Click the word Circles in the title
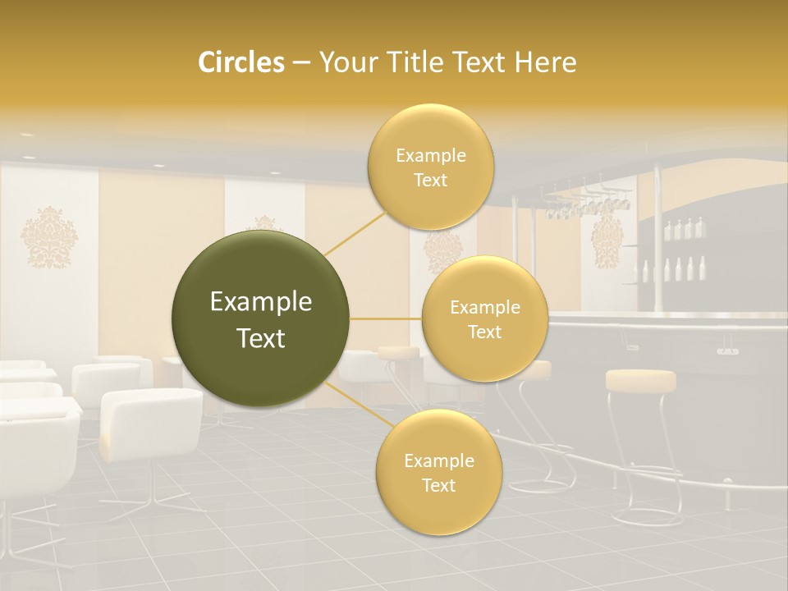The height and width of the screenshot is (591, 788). (241, 62)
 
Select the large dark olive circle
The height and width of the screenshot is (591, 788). (261, 318)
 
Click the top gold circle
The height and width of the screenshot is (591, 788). (430, 167)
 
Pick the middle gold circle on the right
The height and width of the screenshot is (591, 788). (484, 318)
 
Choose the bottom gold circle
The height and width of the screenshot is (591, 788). (438, 472)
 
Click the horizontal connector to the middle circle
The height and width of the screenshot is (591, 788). (386, 318)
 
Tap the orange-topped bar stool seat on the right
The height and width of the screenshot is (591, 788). (640, 379)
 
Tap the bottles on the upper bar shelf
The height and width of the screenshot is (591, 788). (683, 229)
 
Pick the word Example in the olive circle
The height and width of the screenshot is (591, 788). (261, 302)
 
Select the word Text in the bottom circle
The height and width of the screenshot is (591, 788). (438, 485)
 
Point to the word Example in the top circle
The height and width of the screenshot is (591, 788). (430, 156)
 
